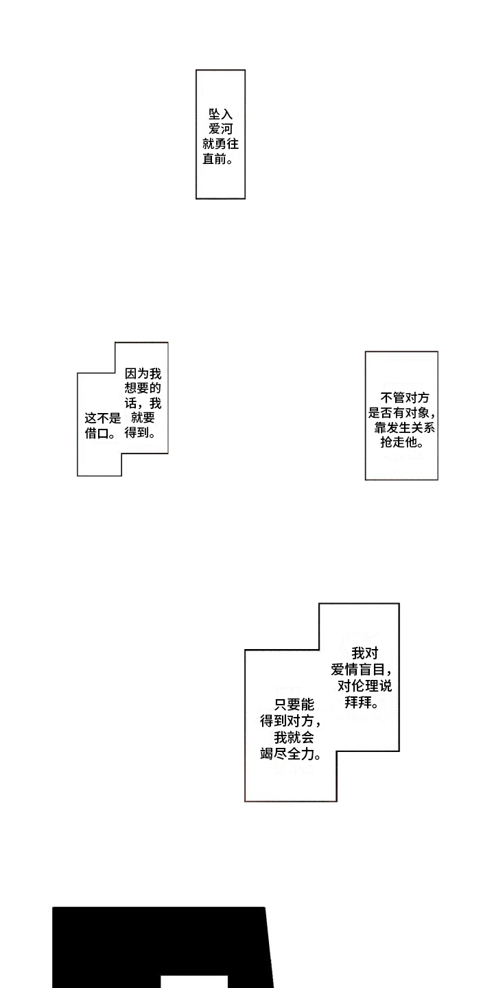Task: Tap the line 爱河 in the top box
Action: point(220,130)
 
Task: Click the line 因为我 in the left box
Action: point(143,375)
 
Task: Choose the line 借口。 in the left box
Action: point(100,434)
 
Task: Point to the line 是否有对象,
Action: point(402,413)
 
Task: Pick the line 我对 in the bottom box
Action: point(364,655)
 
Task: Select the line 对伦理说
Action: point(364,687)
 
